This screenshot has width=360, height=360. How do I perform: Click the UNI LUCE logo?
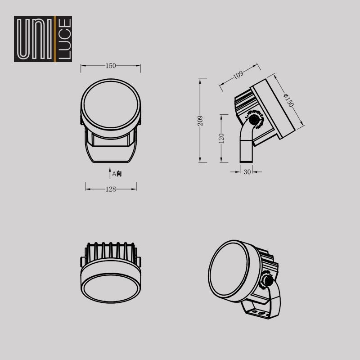click(43, 39)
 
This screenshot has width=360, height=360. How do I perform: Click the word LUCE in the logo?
click(64, 39)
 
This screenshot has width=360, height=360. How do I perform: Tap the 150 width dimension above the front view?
click(111, 66)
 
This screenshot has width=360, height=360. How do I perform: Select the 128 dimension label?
click(111, 189)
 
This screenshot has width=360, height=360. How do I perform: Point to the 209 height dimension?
click(200, 121)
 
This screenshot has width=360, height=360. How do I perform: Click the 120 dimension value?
click(221, 138)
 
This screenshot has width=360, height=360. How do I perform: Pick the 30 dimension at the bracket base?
click(247, 172)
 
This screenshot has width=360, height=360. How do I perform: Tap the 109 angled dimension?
click(238, 75)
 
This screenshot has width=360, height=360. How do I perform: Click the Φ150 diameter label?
click(288, 100)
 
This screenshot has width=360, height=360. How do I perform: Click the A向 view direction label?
click(117, 174)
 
